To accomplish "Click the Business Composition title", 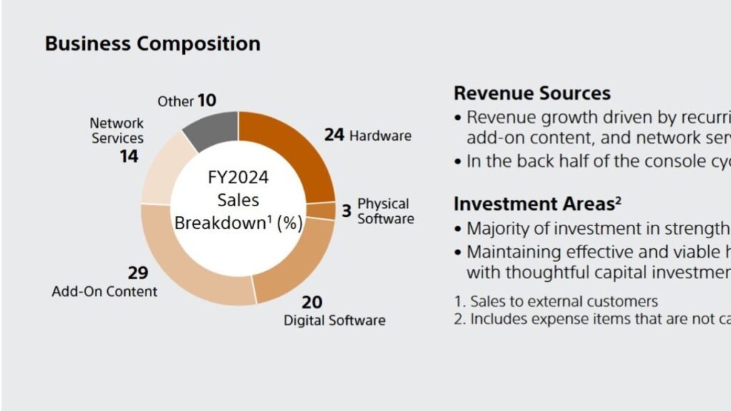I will [x=152, y=44].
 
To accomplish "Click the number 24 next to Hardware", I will [x=335, y=134].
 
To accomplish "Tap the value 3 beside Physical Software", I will [x=346, y=211].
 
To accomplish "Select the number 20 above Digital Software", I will [x=312, y=302].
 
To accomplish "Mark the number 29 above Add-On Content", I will [x=138, y=273].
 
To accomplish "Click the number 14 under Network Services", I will [x=128, y=156].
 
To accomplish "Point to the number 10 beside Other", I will [x=207, y=101].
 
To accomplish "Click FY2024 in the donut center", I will [x=238, y=177].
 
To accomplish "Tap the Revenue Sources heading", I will [x=532, y=93].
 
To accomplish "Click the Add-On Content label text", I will [x=105, y=291].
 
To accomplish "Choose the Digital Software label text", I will [x=334, y=320].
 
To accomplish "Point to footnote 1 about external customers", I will [x=555, y=302].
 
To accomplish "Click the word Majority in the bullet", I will [x=498, y=229].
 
